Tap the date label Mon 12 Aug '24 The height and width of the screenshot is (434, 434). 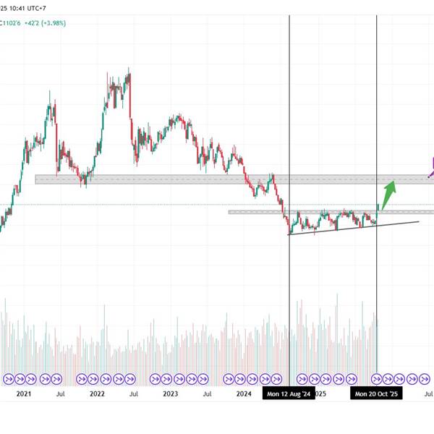pyautogui.click(x=289, y=394)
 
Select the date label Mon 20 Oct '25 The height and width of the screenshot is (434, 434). pyautogui.click(x=376, y=394)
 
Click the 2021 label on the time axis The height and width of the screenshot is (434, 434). pyautogui.click(x=24, y=394)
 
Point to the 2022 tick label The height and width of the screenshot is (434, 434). pyautogui.click(x=97, y=394)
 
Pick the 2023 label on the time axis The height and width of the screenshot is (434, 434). pyautogui.click(x=171, y=394)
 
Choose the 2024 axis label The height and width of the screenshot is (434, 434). pyautogui.click(x=244, y=394)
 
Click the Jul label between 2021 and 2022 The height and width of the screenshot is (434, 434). pyautogui.click(x=60, y=394)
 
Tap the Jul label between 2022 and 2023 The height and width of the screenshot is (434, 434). pyautogui.click(x=134, y=394)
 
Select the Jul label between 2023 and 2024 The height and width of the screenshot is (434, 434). pyautogui.click(x=208, y=394)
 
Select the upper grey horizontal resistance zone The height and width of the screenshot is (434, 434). pyautogui.click(x=217, y=179)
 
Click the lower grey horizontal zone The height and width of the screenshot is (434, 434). pyautogui.click(x=325, y=212)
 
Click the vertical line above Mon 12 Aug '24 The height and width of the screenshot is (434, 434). pyautogui.click(x=289, y=109)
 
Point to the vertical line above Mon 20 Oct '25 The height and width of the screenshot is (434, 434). pyautogui.click(x=377, y=109)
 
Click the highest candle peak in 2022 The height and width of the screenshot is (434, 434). pyautogui.click(x=129, y=70)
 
